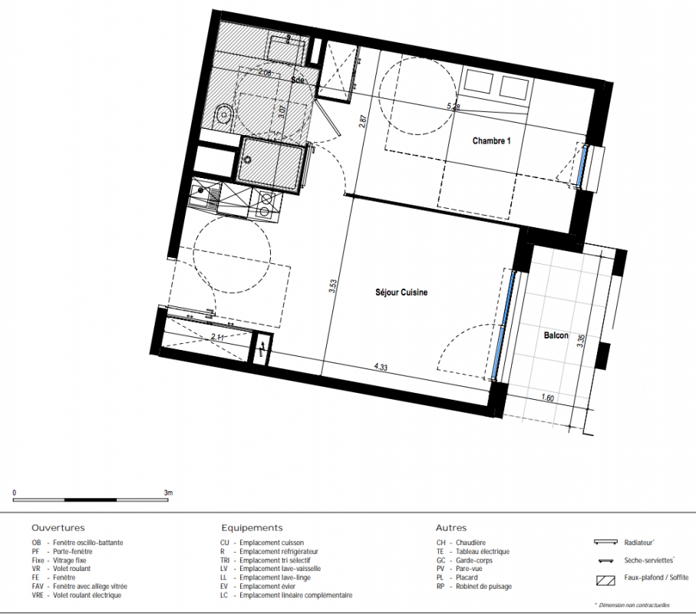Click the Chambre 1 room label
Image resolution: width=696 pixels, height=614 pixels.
point(491,140)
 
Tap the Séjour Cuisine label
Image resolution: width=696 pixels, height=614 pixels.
point(401,292)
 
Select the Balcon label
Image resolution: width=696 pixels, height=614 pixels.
point(556,335)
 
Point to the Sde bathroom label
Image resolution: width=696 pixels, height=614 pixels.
point(298,80)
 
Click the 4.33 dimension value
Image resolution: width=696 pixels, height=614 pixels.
point(381,367)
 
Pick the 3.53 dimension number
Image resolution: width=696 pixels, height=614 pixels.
point(333,286)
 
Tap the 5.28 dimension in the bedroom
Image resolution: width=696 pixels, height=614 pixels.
point(454,107)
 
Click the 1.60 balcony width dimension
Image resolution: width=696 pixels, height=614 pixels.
point(548,398)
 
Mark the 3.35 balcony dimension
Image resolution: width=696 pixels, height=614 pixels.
point(581,341)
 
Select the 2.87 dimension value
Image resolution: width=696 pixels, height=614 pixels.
point(363,121)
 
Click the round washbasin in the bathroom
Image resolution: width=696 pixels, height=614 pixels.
point(224,114)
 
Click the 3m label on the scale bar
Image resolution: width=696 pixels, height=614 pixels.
point(168,493)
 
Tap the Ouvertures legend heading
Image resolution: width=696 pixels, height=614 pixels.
point(58,528)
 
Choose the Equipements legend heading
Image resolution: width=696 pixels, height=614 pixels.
point(252,528)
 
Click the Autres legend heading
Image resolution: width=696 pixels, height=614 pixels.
point(451,528)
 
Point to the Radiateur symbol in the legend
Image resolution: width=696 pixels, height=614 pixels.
point(605,542)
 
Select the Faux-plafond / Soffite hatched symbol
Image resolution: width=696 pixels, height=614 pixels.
point(606,579)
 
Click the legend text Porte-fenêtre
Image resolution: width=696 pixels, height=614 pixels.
point(73,551)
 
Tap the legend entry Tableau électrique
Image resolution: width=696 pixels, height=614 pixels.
point(483,551)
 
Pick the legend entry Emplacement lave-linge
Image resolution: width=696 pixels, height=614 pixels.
point(275,578)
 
